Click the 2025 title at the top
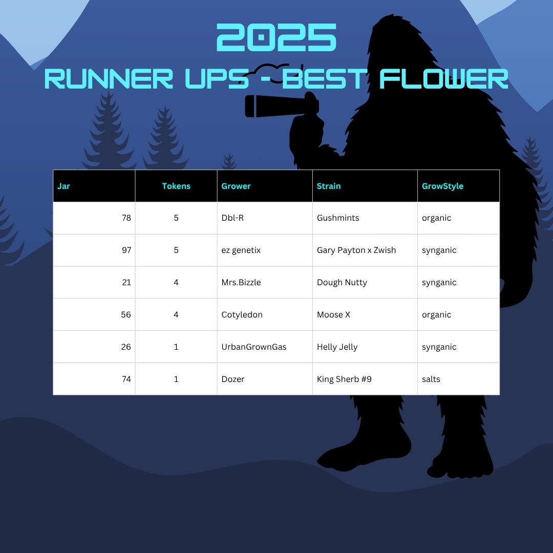[x=276, y=37]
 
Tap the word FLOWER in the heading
[x=443, y=79]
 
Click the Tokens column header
[x=176, y=186]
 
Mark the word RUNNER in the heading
[x=109, y=79]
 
